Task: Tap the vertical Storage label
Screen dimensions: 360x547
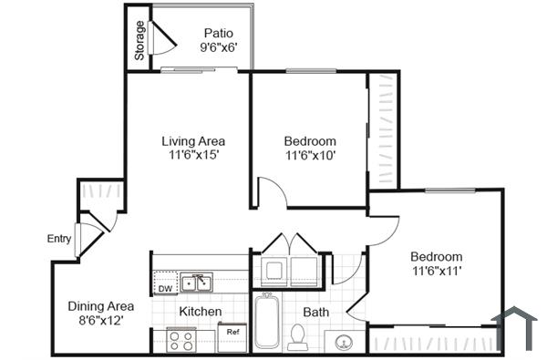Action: pyautogui.click(x=139, y=42)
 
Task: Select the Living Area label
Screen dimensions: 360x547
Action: pyautogui.click(x=193, y=141)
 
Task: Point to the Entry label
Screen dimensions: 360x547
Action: pyautogui.click(x=59, y=239)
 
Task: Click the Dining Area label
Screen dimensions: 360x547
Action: pyautogui.click(x=101, y=306)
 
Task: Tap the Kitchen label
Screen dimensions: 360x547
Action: pyautogui.click(x=200, y=312)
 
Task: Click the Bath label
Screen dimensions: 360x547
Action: pyautogui.click(x=315, y=312)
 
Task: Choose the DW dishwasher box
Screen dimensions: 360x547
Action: pyautogui.click(x=165, y=289)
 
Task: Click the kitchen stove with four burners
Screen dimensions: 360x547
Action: pyautogui.click(x=181, y=340)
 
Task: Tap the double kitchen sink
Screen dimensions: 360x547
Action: pyautogui.click(x=196, y=283)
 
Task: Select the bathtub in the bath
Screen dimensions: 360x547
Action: pyautogui.click(x=266, y=321)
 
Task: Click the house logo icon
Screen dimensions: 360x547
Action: pyautogui.click(x=516, y=328)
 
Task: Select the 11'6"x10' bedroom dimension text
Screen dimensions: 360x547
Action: pyautogui.click(x=310, y=156)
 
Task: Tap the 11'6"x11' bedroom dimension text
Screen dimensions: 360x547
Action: pyautogui.click(x=435, y=272)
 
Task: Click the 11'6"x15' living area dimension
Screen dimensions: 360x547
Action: pyautogui.click(x=193, y=156)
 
